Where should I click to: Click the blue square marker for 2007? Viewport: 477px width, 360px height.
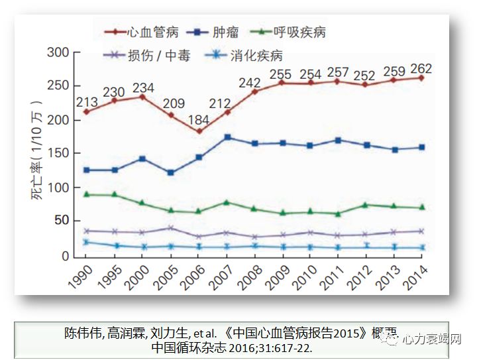pos(227,137)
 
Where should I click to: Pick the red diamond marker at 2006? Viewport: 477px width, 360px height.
pos(199,131)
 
